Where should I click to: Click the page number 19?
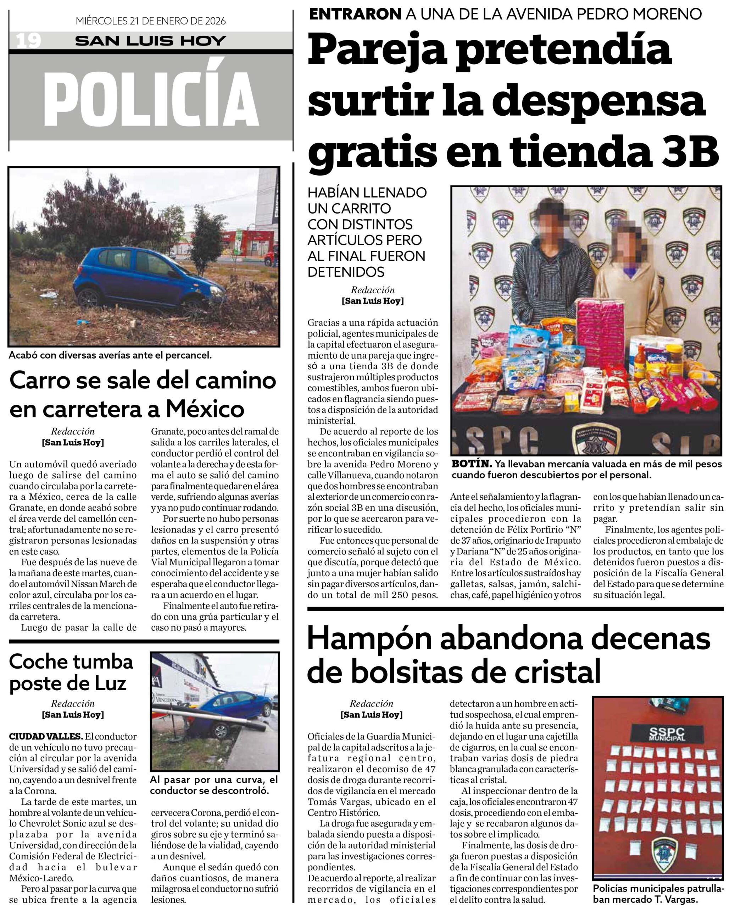tap(28, 41)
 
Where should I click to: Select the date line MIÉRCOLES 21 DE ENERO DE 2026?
tap(150, 21)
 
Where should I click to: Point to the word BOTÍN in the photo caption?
tap(471, 464)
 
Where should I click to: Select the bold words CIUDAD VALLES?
tap(46, 736)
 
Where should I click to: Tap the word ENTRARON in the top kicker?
tap(355, 14)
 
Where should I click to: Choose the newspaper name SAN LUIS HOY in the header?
tap(150, 41)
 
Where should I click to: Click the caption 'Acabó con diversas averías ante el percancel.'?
tap(110, 355)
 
